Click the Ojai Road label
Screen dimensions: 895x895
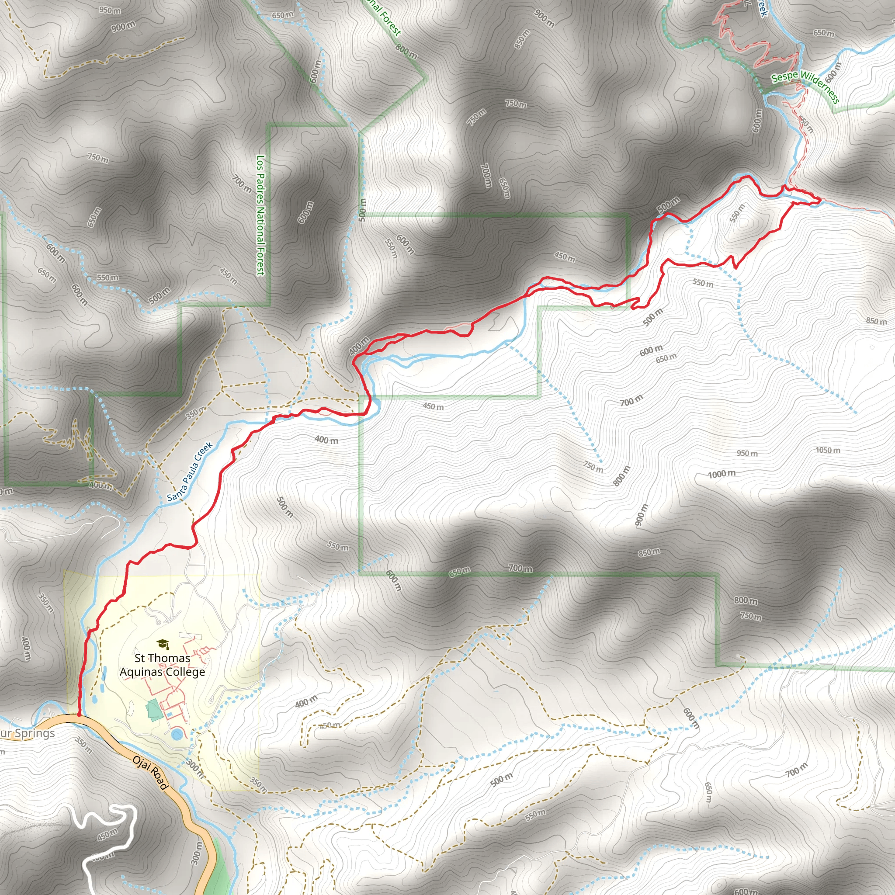[x=150, y=773]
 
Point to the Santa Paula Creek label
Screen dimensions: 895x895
[x=190, y=471]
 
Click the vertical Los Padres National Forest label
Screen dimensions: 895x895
[x=261, y=215]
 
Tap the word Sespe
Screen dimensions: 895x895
[x=784, y=76]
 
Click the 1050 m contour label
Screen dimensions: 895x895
[x=828, y=450]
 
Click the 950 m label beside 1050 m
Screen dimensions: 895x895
[x=747, y=453]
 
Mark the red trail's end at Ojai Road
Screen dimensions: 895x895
[x=79, y=715]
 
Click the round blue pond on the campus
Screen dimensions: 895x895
[x=177, y=734]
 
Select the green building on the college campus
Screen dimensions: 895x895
[x=152, y=710]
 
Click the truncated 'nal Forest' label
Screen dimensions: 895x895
[x=383, y=17]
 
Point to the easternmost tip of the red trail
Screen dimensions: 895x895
[x=820, y=200]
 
